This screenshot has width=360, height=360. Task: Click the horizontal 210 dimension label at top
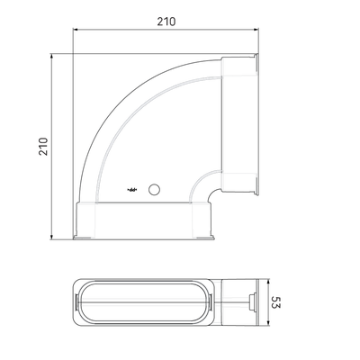click(166, 22)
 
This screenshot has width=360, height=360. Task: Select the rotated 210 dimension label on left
click(43, 147)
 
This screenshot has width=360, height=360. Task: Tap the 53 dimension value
click(276, 302)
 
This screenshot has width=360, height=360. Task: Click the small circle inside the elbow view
click(154, 189)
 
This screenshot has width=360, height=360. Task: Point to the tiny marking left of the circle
click(132, 190)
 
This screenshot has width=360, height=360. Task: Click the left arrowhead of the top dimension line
click(76, 30)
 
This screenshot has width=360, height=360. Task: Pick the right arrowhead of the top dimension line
click(256, 30)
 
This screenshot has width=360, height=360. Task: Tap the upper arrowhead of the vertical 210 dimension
click(51, 57)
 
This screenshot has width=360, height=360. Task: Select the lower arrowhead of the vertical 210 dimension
click(51, 237)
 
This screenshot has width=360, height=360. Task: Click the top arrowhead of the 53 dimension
click(268, 283)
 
